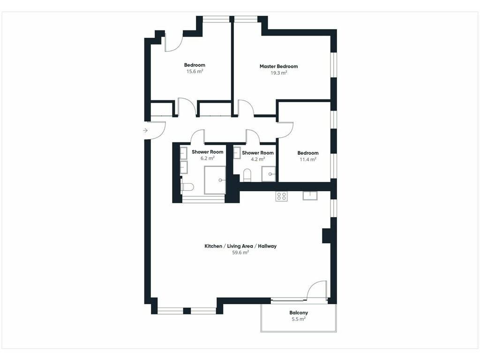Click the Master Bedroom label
point(278,66)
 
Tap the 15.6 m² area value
point(195,71)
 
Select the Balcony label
point(299,313)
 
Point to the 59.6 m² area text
point(240,253)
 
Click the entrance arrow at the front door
point(145,131)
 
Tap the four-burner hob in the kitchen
point(281,196)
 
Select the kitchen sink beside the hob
point(310,195)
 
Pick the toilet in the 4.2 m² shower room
point(247,175)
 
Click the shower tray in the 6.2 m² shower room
point(215,180)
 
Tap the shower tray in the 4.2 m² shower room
point(269,174)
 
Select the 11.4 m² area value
point(308,159)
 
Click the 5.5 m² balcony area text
point(299,319)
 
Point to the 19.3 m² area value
point(278,73)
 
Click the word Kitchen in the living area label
point(213,246)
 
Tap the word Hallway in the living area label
point(267,246)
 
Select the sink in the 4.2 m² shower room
point(237,152)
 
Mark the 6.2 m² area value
point(208,158)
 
